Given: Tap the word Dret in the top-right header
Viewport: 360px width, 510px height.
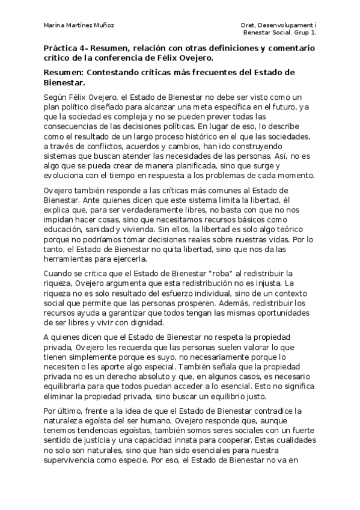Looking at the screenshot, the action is [x=247, y=25].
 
